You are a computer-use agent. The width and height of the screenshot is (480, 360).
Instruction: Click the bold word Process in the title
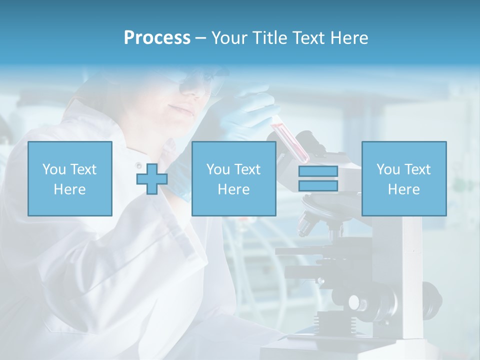pos(157,38)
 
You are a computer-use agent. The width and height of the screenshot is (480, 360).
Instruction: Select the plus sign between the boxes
pos(152,178)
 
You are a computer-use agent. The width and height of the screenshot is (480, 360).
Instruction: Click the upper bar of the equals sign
pos(318,171)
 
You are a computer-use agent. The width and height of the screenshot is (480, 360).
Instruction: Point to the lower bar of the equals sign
pos(318,185)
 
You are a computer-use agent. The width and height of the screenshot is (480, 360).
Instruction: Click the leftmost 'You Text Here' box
pos(70,178)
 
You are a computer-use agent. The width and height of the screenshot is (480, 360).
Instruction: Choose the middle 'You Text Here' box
pos(234,178)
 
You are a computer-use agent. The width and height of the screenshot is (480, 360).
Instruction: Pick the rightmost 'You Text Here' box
pos(404,178)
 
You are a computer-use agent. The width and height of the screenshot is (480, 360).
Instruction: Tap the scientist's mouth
pos(178,109)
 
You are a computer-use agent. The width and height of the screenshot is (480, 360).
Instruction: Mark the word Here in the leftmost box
pos(69,189)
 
